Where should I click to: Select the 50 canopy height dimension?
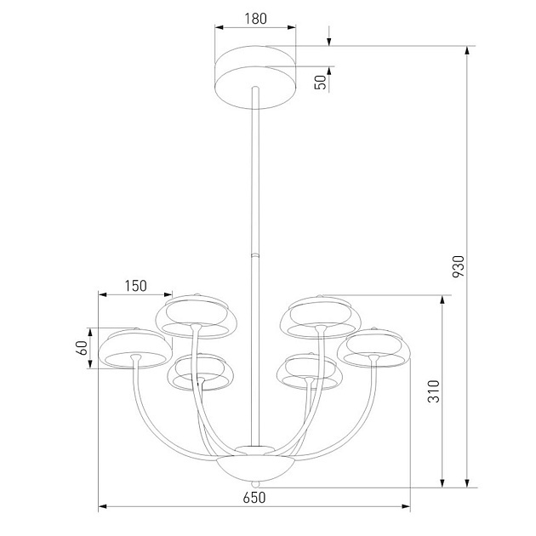click(x=321, y=83)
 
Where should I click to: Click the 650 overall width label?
click(x=254, y=498)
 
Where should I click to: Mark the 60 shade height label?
click(x=82, y=348)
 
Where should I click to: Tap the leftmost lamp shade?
click(x=133, y=350)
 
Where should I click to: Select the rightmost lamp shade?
click(x=374, y=348)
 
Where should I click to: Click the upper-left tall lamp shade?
click(x=196, y=316)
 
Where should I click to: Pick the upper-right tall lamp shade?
click(x=320, y=316)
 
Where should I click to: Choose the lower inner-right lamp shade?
click(x=311, y=373)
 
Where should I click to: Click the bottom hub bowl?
click(x=254, y=467)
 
